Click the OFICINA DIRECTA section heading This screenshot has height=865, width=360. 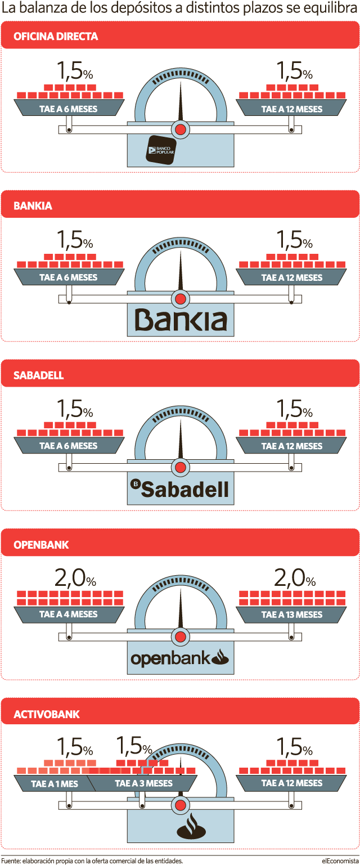56,36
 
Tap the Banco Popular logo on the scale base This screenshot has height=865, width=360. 161,150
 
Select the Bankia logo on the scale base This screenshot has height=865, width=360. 181,320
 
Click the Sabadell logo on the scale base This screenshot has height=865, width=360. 180,489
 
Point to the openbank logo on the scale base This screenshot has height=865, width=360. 180,658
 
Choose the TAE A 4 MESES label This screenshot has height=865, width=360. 68,615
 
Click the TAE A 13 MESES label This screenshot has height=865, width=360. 292,615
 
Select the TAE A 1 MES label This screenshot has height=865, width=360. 55,783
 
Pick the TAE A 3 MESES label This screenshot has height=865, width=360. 143,783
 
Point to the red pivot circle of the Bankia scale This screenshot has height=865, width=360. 180,299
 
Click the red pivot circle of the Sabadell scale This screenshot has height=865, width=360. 180,468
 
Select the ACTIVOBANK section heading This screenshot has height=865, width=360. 46,714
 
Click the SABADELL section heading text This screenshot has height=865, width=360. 38,375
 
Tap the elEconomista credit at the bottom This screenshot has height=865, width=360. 340,860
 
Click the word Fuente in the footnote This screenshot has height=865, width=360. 11,860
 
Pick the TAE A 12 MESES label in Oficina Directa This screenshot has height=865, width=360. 292,109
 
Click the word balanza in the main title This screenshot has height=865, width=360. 40,8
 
